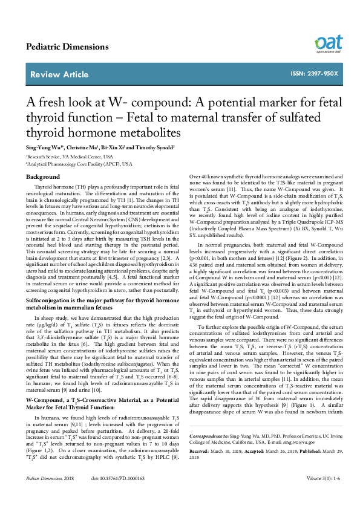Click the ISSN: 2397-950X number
tap(314, 74)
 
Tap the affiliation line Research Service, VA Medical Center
tap(70, 155)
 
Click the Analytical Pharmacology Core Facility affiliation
tap(79, 164)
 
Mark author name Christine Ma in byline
tap(79, 147)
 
